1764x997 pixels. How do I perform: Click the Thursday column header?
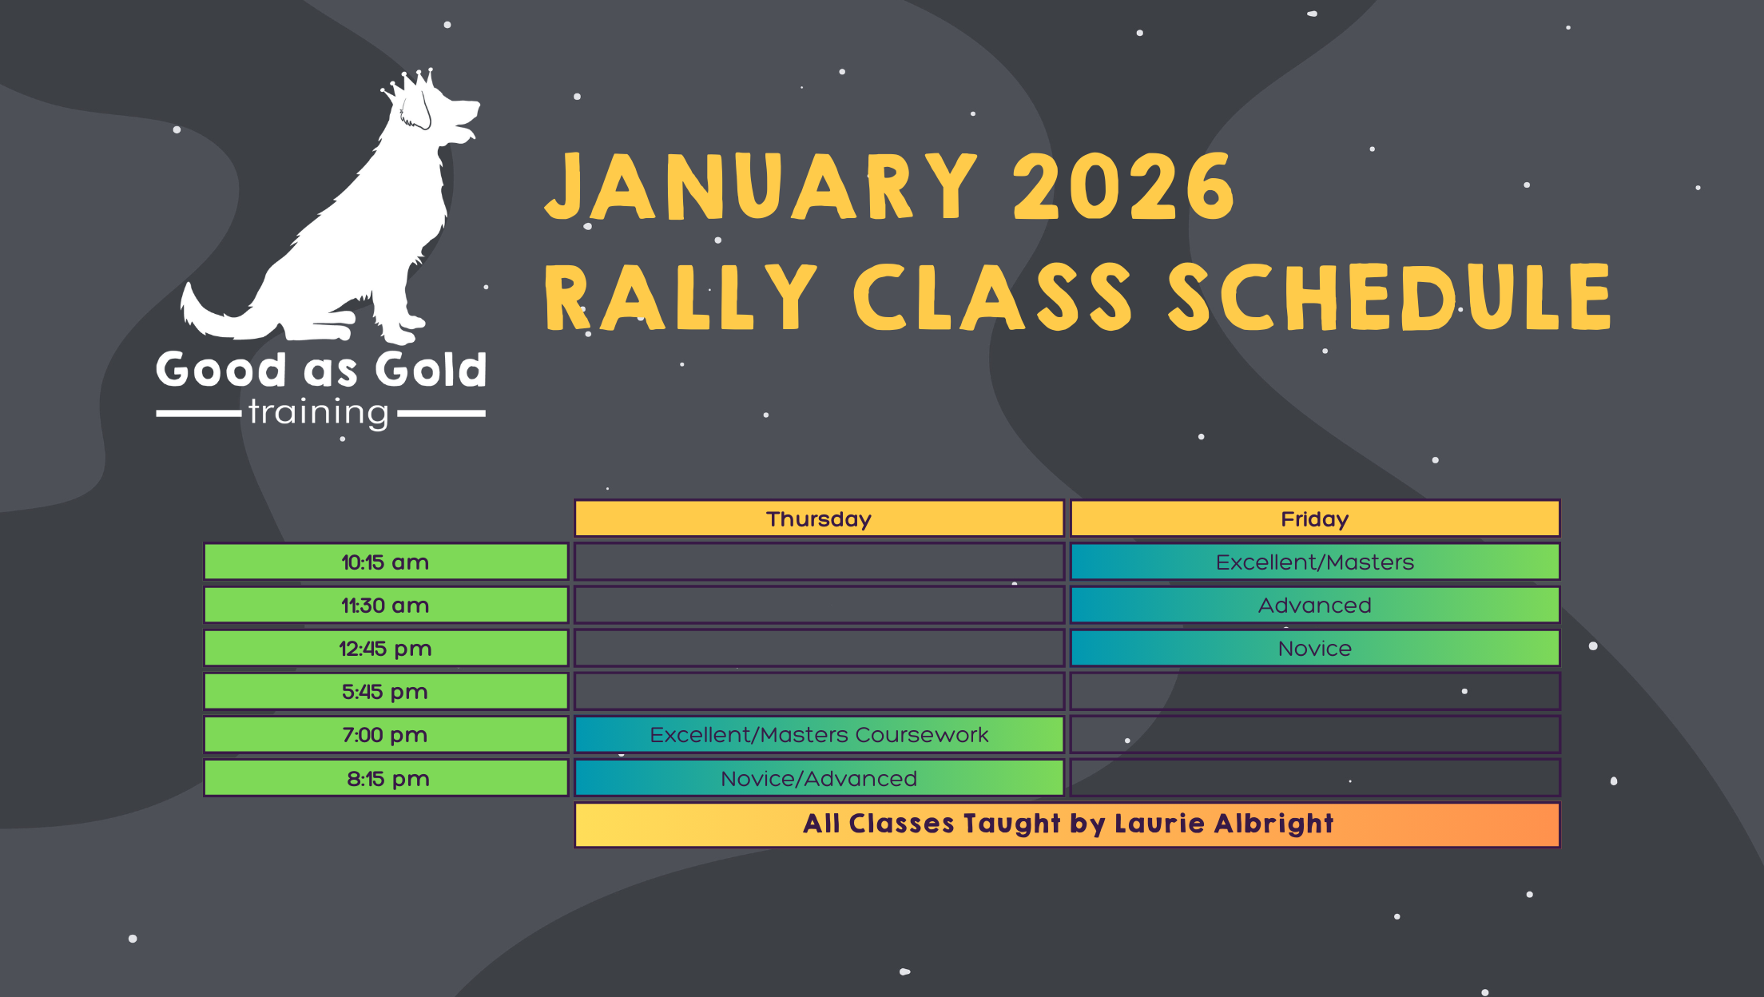click(x=819, y=518)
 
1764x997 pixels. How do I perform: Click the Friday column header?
click(x=1314, y=518)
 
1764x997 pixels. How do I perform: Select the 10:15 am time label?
click(x=385, y=562)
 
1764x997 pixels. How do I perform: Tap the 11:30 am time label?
click(x=385, y=605)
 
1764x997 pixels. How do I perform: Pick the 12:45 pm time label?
click(x=385, y=648)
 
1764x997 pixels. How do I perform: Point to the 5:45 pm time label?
click(x=385, y=691)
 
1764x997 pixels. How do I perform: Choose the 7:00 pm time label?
click(x=385, y=734)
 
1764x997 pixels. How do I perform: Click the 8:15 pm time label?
click(x=387, y=778)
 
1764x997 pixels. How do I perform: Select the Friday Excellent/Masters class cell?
click(x=1314, y=562)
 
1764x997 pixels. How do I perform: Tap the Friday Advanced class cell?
click(x=1314, y=605)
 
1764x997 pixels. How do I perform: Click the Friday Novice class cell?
click(x=1314, y=648)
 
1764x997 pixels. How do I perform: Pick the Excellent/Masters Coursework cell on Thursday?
click(x=819, y=734)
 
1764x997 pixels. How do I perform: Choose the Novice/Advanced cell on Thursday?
click(x=819, y=778)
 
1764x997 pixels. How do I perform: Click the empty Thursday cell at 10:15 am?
click(x=819, y=562)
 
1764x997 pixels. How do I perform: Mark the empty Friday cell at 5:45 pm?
click(x=1314, y=691)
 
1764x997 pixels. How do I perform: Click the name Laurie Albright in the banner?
click(x=1224, y=824)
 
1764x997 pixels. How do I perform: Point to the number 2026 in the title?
click(x=1122, y=188)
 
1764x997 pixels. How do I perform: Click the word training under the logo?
click(x=319, y=412)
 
